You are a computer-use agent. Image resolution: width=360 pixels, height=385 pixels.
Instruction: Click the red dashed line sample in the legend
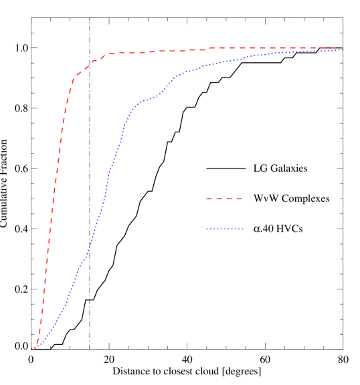(224, 199)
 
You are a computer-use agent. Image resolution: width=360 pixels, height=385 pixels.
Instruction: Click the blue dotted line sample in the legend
(226, 229)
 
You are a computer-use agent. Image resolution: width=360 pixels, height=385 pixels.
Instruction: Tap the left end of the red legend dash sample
(207, 199)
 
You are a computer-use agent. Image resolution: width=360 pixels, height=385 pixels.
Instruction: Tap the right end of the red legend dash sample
(242, 199)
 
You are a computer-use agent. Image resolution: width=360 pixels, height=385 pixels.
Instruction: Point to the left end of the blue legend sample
(207, 229)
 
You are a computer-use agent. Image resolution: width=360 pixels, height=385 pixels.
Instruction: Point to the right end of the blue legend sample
(246, 229)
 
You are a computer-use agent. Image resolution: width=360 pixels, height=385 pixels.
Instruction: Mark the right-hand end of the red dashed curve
(342, 48)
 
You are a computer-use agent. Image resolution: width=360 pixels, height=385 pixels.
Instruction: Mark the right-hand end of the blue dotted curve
(342, 49)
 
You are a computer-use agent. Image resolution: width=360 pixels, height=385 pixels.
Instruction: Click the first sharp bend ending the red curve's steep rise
(73, 79)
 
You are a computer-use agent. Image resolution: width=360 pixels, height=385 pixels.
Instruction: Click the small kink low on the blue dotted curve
(80, 265)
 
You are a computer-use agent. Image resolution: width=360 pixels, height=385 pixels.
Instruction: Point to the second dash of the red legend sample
(224, 199)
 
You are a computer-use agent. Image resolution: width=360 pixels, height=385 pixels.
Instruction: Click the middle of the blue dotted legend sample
(226, 229)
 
